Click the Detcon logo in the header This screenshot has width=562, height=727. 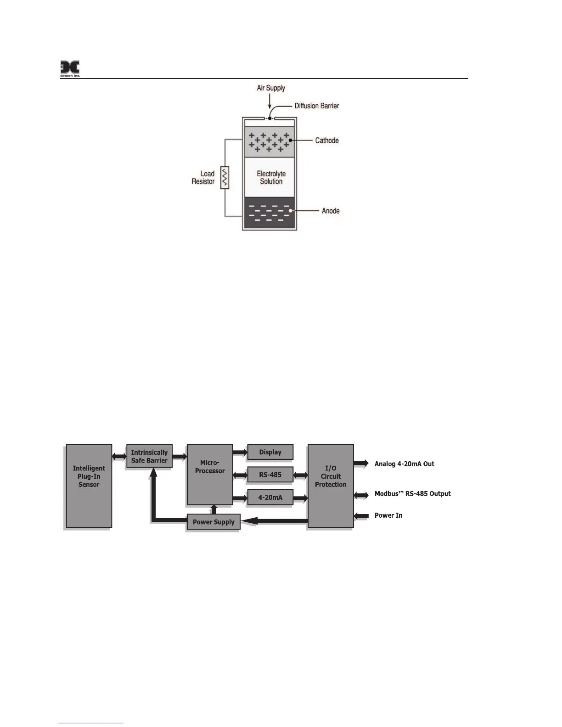(x=70, y=69)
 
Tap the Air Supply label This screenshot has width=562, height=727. (x=271, y=88)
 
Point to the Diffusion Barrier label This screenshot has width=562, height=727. (x=316, y=106)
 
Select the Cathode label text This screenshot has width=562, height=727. (x=327, y=140)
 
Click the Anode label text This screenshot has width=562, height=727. (x=331, y=211)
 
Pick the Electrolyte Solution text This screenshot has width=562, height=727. (x=271, y=178)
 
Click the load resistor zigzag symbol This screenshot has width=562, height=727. (x=225, y=178)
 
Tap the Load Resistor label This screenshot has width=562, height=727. (x=203, y=178)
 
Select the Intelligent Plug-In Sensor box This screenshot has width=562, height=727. (x=89, y=486)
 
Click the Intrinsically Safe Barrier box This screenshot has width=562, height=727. (x=149, y=456)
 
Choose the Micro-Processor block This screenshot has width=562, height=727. (x=210, y=475)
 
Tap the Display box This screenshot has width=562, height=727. (x=270, y=452)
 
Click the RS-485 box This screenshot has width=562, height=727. (x=270, y=475)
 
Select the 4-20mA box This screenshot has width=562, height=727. (x=270, y=497)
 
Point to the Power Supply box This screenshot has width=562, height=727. (x=214, y=522)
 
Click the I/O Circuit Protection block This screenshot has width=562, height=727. (x=331, y=486)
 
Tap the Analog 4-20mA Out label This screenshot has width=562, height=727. (x=404, y=464)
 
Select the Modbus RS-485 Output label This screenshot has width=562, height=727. (x=412, y=494)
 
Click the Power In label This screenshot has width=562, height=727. (x=388, y=515)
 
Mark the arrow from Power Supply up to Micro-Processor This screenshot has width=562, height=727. (x=213, y=509)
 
